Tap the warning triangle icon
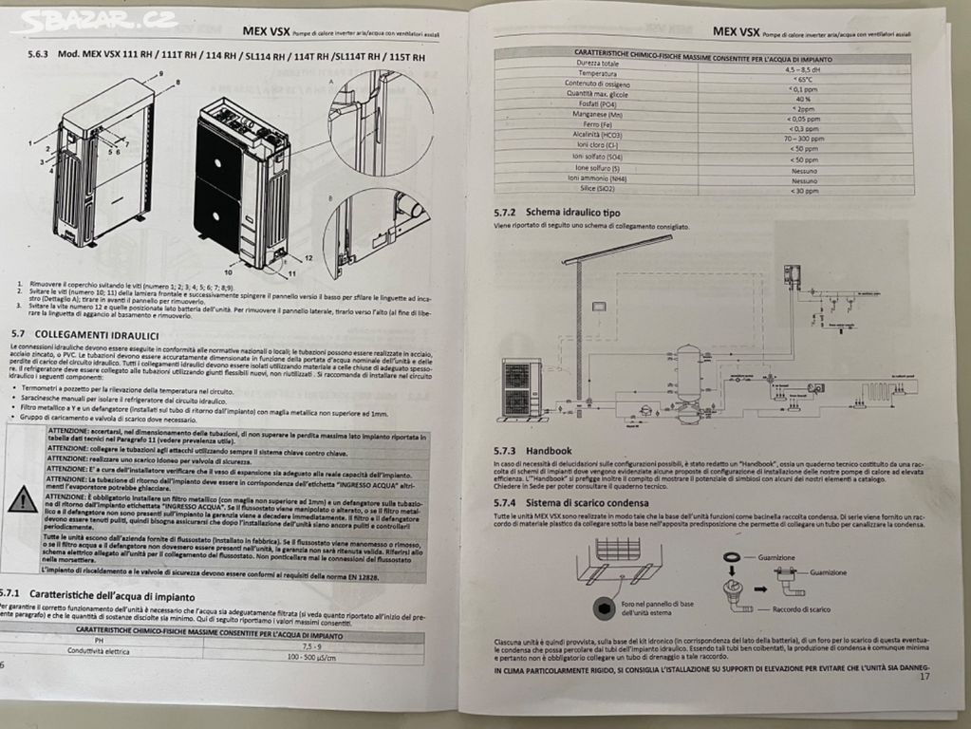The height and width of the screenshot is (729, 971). coord(23,500)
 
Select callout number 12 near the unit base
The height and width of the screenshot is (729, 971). coord(308,257)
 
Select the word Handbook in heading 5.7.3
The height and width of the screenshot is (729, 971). coord(551,450)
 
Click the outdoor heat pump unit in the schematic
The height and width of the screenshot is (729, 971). coord(521,387)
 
